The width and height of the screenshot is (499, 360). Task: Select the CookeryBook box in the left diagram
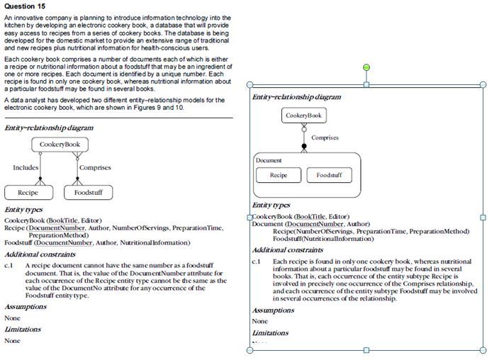point(59,145)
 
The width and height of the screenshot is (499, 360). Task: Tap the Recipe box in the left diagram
point(28,192)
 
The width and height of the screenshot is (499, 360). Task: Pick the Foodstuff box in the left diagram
point(88,192)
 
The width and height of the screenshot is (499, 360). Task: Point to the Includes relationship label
point(26,168)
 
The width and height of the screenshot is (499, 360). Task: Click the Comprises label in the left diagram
point(95,168)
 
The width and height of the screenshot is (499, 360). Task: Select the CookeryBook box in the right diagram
point(304,116)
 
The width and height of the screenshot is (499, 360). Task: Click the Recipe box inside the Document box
point(279,175)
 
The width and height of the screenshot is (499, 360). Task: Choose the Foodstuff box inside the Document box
point(329,175)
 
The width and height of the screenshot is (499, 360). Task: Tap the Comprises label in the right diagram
point(325,137)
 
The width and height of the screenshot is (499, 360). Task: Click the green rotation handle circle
point(366,67)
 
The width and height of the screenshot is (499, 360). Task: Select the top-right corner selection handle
point(483,84)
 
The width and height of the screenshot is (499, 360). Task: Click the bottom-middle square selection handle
point(366,350)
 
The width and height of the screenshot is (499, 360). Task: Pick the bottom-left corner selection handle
point(250,350)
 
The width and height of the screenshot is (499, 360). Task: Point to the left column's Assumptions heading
point(26,307)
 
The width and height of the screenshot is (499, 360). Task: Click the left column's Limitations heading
point(23,330)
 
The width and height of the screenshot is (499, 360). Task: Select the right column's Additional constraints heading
point(288,250)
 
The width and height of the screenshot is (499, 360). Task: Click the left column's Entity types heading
point(23,210)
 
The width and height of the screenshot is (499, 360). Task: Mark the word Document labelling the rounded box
point(269,161)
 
